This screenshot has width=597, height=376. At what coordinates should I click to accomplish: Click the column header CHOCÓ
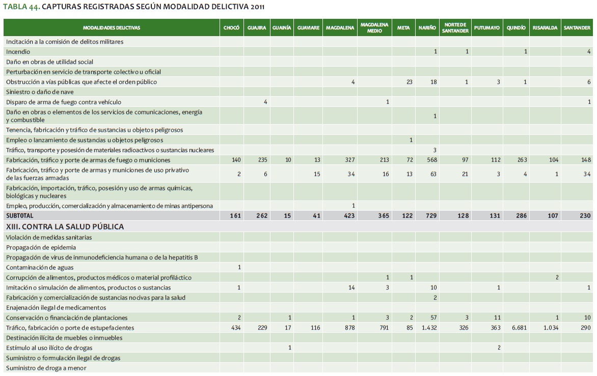[231, 27]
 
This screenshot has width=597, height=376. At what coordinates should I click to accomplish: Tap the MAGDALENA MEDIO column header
[374, 27]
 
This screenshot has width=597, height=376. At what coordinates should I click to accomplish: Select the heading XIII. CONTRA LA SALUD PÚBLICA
[65, 226]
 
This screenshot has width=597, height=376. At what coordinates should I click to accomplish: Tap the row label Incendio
[18, 51]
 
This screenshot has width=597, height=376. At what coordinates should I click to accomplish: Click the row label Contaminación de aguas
[38, 267]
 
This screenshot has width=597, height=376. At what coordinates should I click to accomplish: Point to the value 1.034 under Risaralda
[549, 328]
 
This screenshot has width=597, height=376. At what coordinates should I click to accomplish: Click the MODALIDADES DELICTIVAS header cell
[112, 27]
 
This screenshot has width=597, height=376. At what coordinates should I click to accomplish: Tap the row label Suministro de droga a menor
[46, 368]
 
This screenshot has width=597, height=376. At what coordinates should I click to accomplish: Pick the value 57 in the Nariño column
[433, 317]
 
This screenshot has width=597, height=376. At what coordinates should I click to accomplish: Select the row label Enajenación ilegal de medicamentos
[56, 307]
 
